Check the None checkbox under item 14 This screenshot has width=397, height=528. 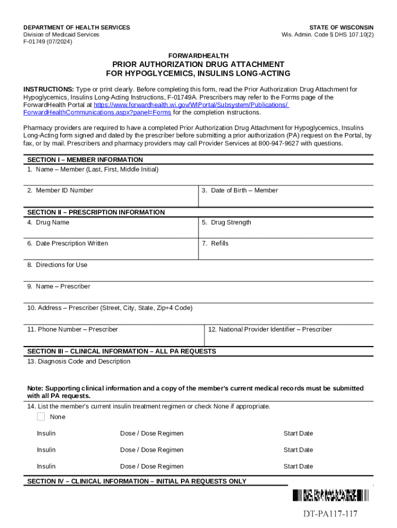(41, 417)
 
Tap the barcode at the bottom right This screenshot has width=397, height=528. (330, 496)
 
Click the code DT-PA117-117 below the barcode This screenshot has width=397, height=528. (330, 514)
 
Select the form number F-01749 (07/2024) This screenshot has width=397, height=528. (48, 42)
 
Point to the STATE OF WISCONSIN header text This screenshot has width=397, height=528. (341, 27)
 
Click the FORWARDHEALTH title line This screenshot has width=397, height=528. (198, 55)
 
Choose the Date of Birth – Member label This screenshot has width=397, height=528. (240, 191)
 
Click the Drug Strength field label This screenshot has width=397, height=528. (226, 223)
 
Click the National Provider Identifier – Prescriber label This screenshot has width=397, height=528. (270, 329)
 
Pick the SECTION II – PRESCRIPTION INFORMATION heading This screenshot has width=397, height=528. (96, 212)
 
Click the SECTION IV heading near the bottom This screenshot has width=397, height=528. (137, 482)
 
